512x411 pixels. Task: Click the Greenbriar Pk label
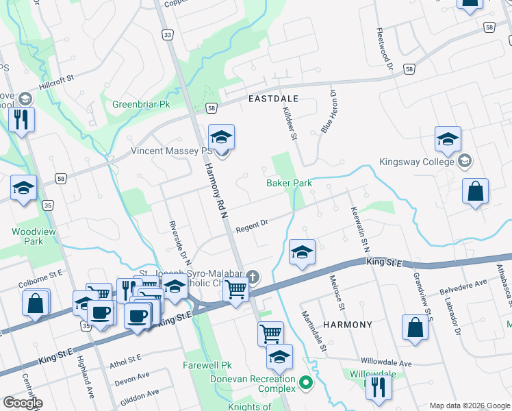pyautogui.click(x=140, y=105)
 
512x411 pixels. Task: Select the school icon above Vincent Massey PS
pyautogui.click(x=221, y=138)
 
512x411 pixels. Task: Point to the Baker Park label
pyautogui.click(x=289, y=183)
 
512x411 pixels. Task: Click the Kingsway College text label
pyautogui.click(x=416, y=162)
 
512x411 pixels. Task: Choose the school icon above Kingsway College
pyautogui.click(x=447, y=140)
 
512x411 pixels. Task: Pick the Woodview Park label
pyautogui.click(x=33, y=236)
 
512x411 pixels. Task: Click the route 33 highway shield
pyautogui.click(x=166, y=34)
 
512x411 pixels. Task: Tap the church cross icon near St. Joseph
pyautogui.click(x=253, y=277)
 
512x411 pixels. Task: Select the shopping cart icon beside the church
pyautogui.click(x=236, y=291)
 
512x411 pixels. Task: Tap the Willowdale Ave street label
pyautogui.click(x=387, y=362)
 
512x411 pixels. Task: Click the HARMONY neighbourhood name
pyautogui.click(x=347, y=325)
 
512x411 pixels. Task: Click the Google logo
pyautogui.click(x=23, y=403)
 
